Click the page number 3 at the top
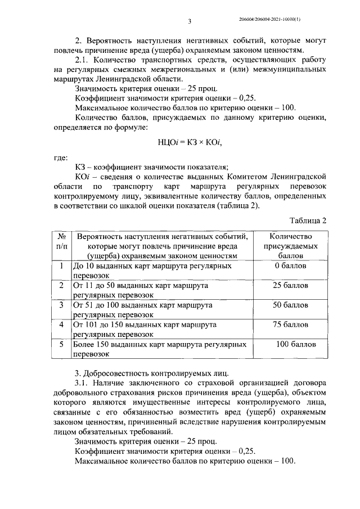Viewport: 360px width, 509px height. click(190, 21)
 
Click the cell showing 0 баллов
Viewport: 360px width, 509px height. click(291, 265)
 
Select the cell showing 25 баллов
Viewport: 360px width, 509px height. click(291, 285)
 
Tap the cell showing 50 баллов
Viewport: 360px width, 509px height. click(291, 305)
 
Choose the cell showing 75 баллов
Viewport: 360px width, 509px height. click(291, 325)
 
